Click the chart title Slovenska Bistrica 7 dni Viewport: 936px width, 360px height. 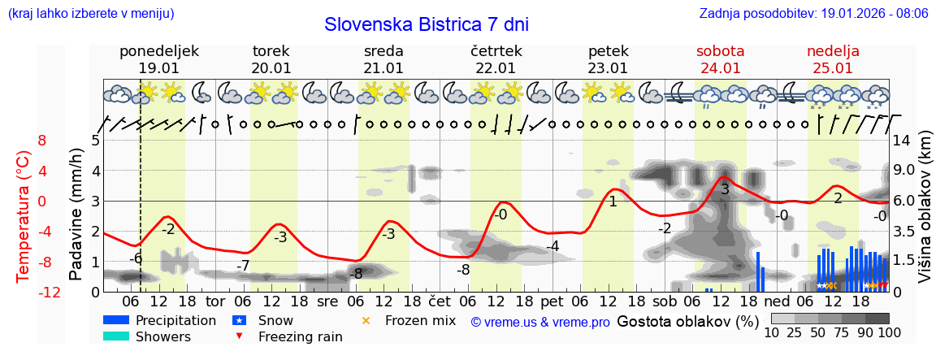point(426,24)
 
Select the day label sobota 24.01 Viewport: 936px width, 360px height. point(720,59)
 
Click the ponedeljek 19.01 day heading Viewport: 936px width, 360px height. point(158,59)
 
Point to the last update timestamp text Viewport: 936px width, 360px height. point(812,14)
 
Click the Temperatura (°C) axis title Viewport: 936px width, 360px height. point(24,215)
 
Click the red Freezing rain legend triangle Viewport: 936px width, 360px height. point(238,336)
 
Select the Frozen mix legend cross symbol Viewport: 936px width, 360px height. point(365,320)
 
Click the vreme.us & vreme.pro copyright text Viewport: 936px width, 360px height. point(540,323)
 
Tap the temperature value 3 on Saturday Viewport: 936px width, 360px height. point(725,189)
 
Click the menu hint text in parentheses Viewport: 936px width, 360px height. point(90,14)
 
